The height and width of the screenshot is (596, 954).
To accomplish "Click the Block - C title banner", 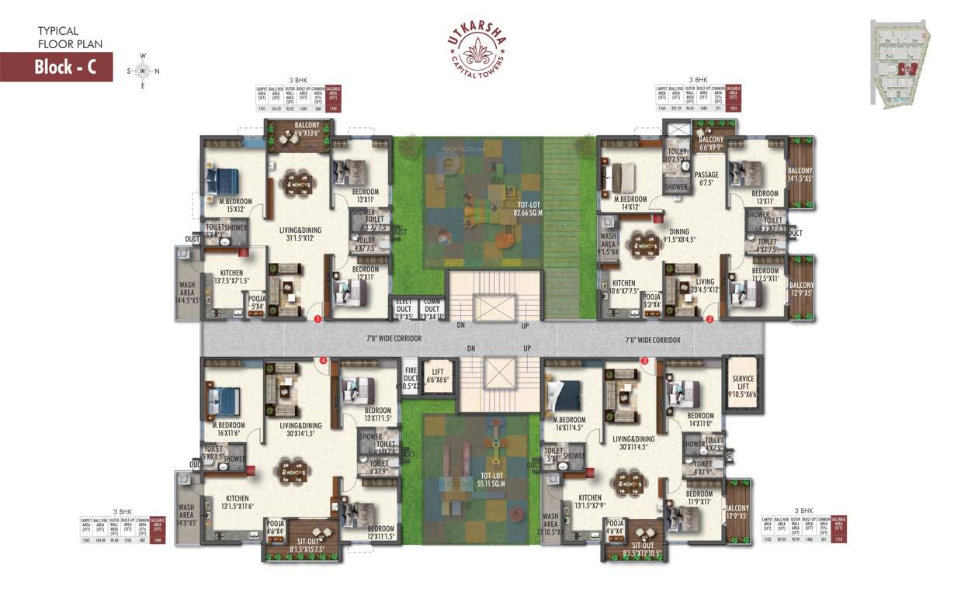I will (x=56, y=67).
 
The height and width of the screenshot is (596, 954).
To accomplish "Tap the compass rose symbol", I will (x=143, y=71).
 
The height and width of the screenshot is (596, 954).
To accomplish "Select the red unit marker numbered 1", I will (x=317, y=318).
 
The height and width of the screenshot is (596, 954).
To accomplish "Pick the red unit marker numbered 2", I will (x=709, y=318).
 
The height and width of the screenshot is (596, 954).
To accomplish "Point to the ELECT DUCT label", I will (x=403, y=309).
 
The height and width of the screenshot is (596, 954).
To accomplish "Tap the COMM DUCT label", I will (x=432, y=309).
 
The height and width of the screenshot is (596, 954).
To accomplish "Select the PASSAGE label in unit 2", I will (x=706, y=179).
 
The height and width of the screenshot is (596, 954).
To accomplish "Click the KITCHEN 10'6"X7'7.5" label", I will (x=624, y=287).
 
